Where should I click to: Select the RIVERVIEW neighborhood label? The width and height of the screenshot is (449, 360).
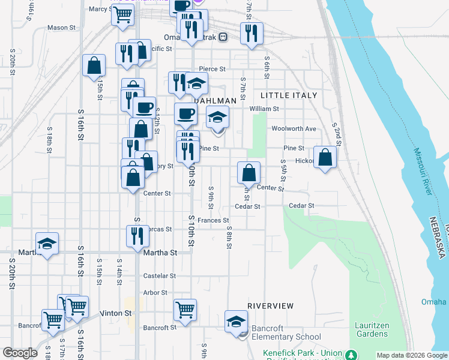click(x=270, y=306)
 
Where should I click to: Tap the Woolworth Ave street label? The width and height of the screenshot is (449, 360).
click(x=294, y=129)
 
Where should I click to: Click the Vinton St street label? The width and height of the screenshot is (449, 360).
click(x=119, y=313)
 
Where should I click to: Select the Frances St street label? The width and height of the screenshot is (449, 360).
click(x=214, y=221)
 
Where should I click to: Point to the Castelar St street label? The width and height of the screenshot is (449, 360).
click(x=159, y=276)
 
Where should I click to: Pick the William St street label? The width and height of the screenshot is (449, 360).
click(x=264, y=109)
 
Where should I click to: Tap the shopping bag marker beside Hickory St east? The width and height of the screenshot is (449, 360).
click(x=325, y=158)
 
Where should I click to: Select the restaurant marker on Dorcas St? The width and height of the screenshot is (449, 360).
click(x=137, y=236)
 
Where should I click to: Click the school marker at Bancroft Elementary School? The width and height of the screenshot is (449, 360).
click(x=237, y=321)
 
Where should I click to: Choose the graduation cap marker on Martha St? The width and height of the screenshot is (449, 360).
click(x=47, y=244)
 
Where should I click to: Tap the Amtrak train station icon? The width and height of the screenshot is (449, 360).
click(x=223, y=37)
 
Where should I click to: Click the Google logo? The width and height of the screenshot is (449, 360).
click(x=20, y=353)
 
